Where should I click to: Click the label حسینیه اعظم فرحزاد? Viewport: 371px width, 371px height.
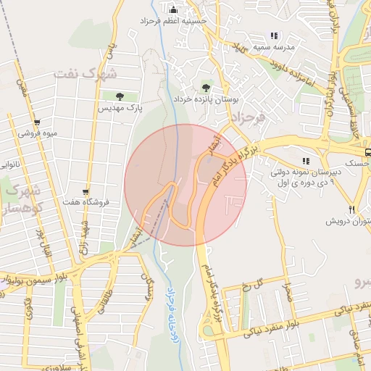click(174, 22)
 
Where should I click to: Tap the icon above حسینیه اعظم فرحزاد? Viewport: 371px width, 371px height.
click(173, 9)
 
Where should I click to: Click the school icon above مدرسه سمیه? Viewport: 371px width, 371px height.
click(274, 35)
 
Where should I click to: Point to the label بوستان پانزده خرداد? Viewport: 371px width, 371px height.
click(205, 99)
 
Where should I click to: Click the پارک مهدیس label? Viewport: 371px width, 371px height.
click(120, 108)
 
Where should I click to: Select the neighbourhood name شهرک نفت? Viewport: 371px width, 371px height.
click(99, 73)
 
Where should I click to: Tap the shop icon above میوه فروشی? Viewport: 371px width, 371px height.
click(37, 122)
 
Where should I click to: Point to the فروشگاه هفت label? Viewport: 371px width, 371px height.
click(86, 202)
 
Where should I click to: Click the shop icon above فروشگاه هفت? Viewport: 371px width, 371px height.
click(86, 191)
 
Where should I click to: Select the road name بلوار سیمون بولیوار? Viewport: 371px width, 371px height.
click(40, 276)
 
